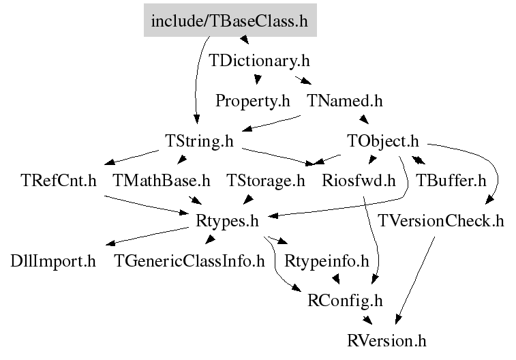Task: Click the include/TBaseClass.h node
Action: pyautogui.click(x=230, y=20)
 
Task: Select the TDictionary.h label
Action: pyautogui.click(x=259, y=61)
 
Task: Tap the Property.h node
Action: pyautogui.click(x=253, y=101)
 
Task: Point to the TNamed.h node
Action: pyautogui.click(x=345, y=101)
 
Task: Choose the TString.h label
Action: pyautogui.click(x=200, y=141)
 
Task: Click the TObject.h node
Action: pyautogui.click(x=383, y=141)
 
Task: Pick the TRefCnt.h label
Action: pyautogui.click(x=59, y=181)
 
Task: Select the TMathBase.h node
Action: pyautogui.click(x=162, y=181)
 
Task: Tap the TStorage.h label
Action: pyautogui.click(x=266, y=181)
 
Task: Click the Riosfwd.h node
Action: pyautogui.click(x=359, y=181)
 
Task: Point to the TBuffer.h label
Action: pyautogui.click(x=451, y=181)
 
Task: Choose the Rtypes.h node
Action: pyautogui.click(x=228, y=220)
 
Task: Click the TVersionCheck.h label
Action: pyautogui.click(x=441, y=220)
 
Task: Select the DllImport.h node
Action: pyautogui.click(x=53, y=261)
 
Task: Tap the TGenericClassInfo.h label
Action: pyautogui.click(x=189, y=261)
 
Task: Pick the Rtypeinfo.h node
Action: pyautogui.click(x=327, y=261)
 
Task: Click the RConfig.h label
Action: pyautogui.click(x=345, y=301)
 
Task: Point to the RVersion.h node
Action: pyautogui.click(x=386, y=341)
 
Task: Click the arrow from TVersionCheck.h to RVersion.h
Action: pyautogui.click(x=415, y=280)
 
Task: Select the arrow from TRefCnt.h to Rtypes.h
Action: pyautogui.click(x=147, y=205)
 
